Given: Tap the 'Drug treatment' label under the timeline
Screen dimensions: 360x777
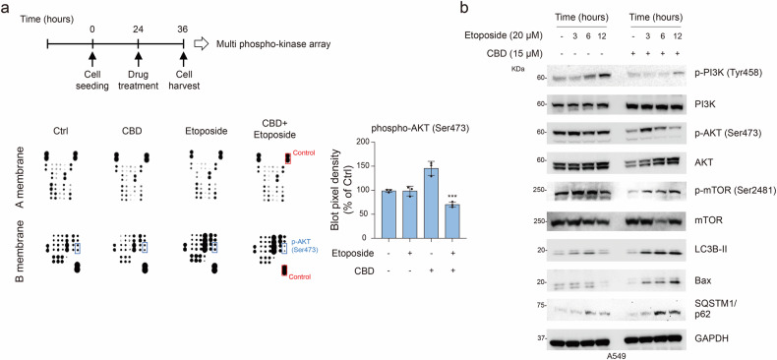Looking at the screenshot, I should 138,90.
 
